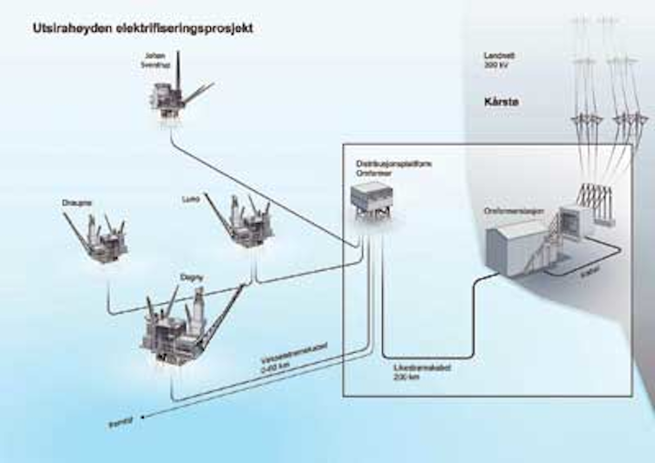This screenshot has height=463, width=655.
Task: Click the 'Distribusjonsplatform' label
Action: tap(382, 162)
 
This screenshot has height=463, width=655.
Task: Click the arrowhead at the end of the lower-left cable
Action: tap(145, 414)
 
